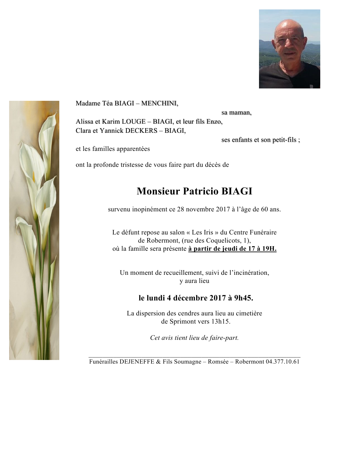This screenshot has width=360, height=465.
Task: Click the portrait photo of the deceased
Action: click(x=289, y=49)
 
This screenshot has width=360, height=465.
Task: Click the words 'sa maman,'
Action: click(x=236, y=113)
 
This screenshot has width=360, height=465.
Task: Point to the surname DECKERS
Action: click(x=141, y=131)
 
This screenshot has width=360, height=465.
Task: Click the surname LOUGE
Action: click(x=134, y=122)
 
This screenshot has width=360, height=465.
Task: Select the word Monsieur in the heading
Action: click(x=158, y=191)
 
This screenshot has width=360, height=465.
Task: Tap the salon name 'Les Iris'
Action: click(x=202, y=232)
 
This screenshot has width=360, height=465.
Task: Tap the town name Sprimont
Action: click(x=183, y=322)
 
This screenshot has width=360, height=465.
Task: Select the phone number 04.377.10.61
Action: click(x=282, y=362)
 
